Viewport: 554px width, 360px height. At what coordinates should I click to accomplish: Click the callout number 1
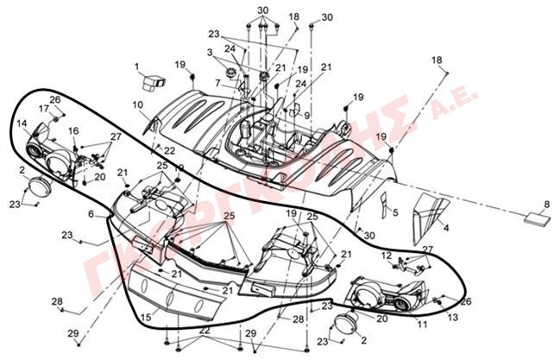click(x=136, y=66)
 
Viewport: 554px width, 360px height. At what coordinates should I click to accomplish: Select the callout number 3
click(x=210, y=54)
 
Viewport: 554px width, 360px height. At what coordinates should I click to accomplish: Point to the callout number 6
click(x=90, y=213)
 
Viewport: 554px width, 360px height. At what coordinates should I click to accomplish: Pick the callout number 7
click(x=219, y=83)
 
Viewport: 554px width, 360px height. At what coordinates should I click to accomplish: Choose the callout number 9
click(x=306, y=115)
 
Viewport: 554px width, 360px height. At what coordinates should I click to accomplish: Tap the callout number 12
click(x=387, y=256)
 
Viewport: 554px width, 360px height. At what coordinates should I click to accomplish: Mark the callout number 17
click(x=42, y=108)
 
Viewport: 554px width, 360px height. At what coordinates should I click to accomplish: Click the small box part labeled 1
click(x=154, y=82)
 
